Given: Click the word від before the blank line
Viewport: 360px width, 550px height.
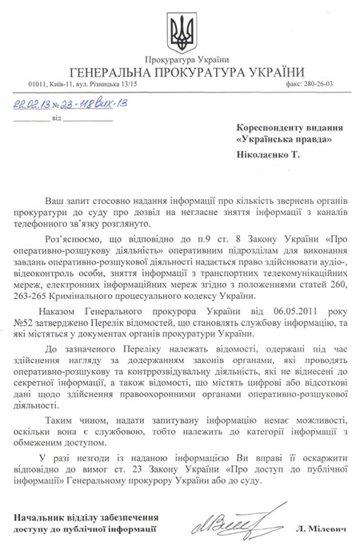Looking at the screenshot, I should pos(55,117).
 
